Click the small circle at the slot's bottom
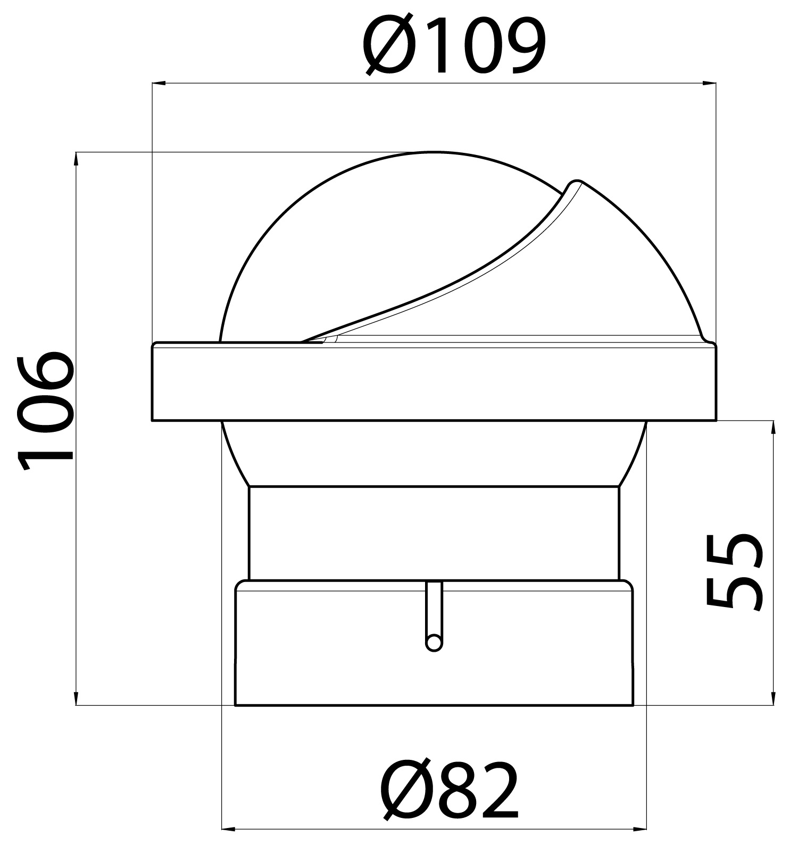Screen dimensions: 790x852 click(x=434, y=642)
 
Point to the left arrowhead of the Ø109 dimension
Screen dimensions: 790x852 click(x=159, y=83)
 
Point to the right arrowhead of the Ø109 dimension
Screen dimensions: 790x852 click(x=709, y=83)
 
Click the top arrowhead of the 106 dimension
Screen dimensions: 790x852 click(x=77, y=159)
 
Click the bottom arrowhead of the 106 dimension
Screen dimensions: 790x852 click(x=77, y=698)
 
